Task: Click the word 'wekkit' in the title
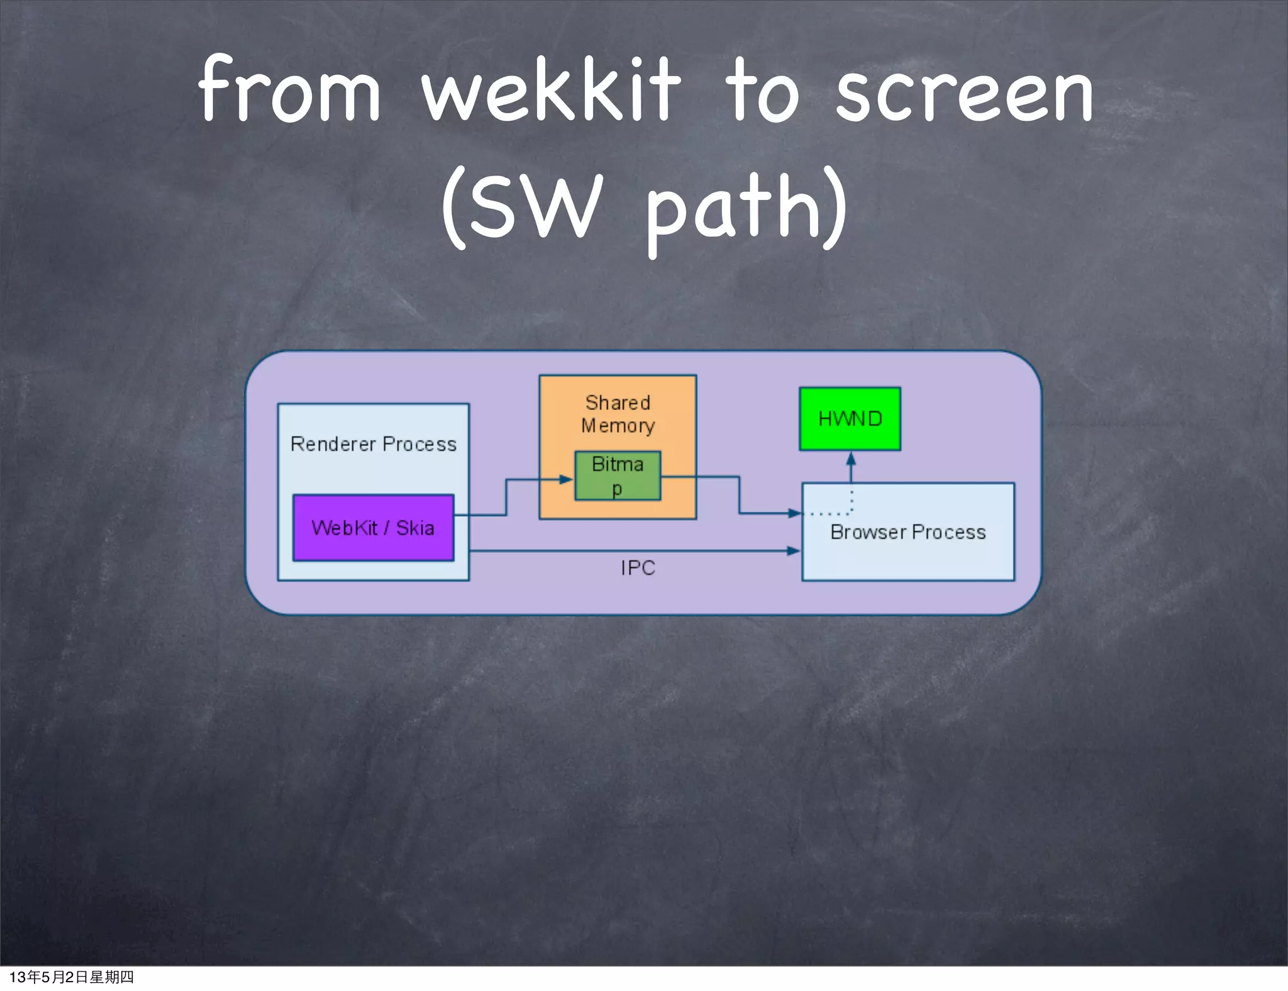click(551, 91)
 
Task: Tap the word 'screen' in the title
click(965, 94)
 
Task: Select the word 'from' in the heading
click(289, 91)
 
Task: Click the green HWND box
click(850, 419)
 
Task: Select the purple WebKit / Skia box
click(373, 527)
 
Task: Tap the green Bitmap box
click(618, 476)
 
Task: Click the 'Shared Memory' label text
click(618, 414)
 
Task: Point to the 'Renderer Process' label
click(373, 444)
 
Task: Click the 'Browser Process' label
click(908, 532)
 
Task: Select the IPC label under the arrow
click(638, 568)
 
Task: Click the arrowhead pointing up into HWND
click(851, 458)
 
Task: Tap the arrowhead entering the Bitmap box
click(567, 479)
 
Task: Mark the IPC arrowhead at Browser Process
click(794, 551)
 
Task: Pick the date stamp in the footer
click(71, 977)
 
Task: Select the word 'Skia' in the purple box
click(415, 528)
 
